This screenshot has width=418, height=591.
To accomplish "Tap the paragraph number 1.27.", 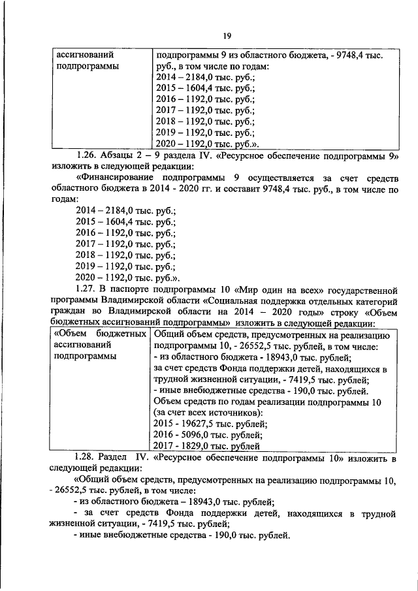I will [x=87, y=288].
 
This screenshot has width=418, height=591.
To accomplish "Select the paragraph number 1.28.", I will [x=87, y=457].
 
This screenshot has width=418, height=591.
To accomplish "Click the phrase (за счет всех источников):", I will [x=208, y=412].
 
